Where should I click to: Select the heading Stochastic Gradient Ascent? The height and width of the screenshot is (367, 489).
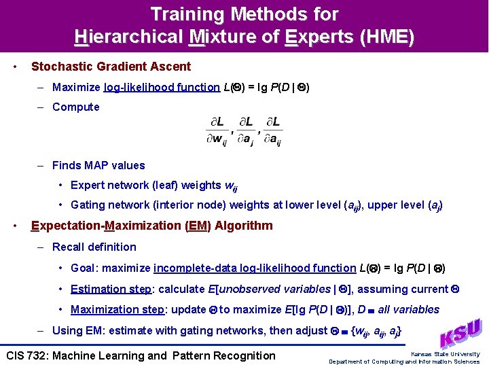(x=111, y=67)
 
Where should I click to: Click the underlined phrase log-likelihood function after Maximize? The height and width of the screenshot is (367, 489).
(x=162, y=87)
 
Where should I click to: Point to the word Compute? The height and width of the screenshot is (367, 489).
(x=75, y=107)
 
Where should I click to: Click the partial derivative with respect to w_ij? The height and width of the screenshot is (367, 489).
(x=217, y=130)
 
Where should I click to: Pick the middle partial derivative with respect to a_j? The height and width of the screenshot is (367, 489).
(x=244, y=130)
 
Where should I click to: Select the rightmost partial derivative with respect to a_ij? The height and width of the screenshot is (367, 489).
(x=272, y=130)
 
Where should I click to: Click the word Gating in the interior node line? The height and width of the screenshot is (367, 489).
(x=88, y=205)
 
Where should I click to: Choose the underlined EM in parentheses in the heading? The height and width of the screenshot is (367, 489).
(x=196, y=226)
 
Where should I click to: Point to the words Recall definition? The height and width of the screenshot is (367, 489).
(x=94, y=247)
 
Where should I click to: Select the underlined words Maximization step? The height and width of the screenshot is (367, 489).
(x=117, y=309)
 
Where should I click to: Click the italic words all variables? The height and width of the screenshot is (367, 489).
(x=408, y=309)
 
